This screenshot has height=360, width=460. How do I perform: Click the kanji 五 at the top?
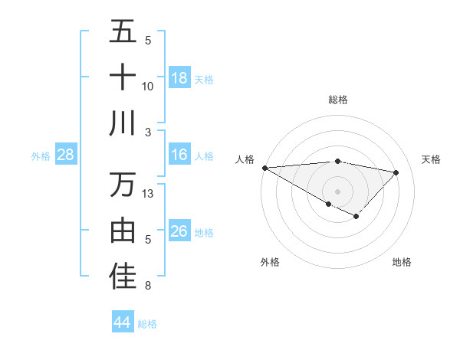(123, 32)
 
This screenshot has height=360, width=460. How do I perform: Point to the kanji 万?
(123, 185)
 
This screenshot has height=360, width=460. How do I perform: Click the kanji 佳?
(123, 277)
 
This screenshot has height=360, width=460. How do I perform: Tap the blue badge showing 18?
(179, 78)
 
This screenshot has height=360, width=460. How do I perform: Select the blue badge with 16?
(179, 155)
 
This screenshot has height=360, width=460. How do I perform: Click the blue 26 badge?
(179, 232)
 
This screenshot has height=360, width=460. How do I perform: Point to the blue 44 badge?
(122, 323)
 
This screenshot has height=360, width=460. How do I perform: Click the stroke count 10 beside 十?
(148, 87)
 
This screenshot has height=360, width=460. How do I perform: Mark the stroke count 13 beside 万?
(148, 194)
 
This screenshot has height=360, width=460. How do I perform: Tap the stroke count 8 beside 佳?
(148, 286)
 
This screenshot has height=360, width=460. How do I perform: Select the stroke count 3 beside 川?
(148, 132)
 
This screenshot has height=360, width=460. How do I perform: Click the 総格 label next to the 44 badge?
(147, 324)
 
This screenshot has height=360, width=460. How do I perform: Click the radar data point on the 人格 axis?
(264, 168)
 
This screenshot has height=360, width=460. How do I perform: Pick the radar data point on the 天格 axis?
(396, 172)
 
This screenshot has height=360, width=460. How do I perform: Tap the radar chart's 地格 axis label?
(402, 262)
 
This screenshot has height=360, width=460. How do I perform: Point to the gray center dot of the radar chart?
(337, 191)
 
